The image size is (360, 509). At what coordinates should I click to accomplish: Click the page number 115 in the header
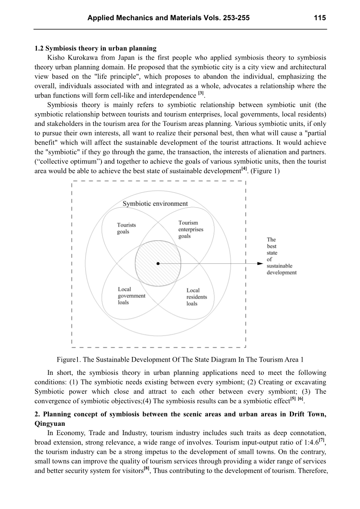point(320,18)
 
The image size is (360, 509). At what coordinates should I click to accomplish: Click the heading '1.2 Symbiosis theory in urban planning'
point(95,49)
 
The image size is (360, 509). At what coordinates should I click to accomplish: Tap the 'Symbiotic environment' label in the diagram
point(155,203)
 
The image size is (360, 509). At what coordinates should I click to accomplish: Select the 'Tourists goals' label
point(126,228)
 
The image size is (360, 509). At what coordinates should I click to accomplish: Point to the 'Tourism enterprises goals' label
point(191,229)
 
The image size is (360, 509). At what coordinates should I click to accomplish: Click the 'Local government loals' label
point(131,296)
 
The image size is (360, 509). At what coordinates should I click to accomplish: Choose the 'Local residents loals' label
point(197,297)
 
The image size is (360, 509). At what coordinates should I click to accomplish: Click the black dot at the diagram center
point(158,264)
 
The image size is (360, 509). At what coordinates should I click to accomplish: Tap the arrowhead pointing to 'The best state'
point(261,264)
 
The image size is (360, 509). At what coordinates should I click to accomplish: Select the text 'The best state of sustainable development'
point(281,256)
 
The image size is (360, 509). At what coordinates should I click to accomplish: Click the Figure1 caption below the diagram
point(180,360)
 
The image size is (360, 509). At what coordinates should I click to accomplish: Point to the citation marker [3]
point(201,94)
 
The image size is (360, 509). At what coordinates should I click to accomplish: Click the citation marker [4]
point(244,169)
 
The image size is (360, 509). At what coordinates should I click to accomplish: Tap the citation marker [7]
point(321,441)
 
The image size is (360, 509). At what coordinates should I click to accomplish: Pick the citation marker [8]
point(146,469)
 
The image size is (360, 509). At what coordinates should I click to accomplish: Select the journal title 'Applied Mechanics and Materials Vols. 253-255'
point(169,18)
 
